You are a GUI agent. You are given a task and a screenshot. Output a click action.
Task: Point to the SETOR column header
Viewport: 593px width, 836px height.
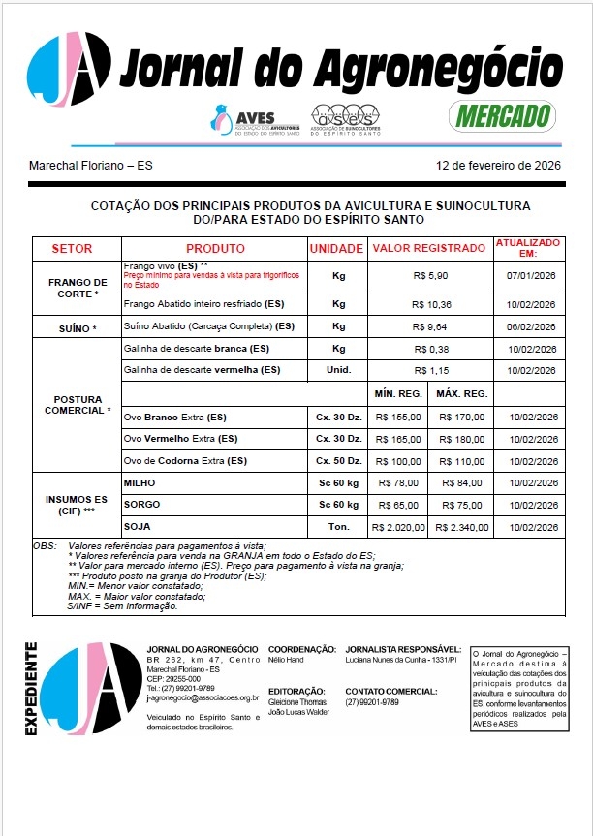[x=72, y=248]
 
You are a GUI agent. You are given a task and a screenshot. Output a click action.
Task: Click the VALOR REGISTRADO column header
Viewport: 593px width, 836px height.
[x=429, y=248]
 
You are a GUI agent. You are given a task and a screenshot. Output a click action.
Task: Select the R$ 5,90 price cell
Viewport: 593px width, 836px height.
[x=429, y=276]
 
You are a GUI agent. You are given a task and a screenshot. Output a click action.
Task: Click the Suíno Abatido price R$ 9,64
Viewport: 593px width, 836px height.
[x=429, y=327]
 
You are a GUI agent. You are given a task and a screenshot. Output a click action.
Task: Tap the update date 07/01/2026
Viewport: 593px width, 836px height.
[x=530, y=276]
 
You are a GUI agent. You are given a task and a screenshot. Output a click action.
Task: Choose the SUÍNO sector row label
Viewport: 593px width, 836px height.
[x=71, y=328]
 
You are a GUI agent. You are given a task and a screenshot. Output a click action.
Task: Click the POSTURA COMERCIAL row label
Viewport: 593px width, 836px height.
[x=78, y=405]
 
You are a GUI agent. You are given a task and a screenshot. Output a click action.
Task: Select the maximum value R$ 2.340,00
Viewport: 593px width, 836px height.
[x=461, y=527]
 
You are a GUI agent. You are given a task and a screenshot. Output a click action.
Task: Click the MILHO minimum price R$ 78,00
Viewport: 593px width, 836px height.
[x=398, y=482]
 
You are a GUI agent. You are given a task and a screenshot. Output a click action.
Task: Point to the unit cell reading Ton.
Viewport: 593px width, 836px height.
[x=338, y=527]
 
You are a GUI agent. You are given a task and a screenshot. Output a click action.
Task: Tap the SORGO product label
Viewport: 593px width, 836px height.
[x=142, y=505]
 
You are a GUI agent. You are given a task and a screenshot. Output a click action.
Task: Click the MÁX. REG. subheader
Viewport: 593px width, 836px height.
[x=460, y=394]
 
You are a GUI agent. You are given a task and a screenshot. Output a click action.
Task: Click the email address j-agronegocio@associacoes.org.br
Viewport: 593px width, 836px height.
[x=202, y=697]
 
